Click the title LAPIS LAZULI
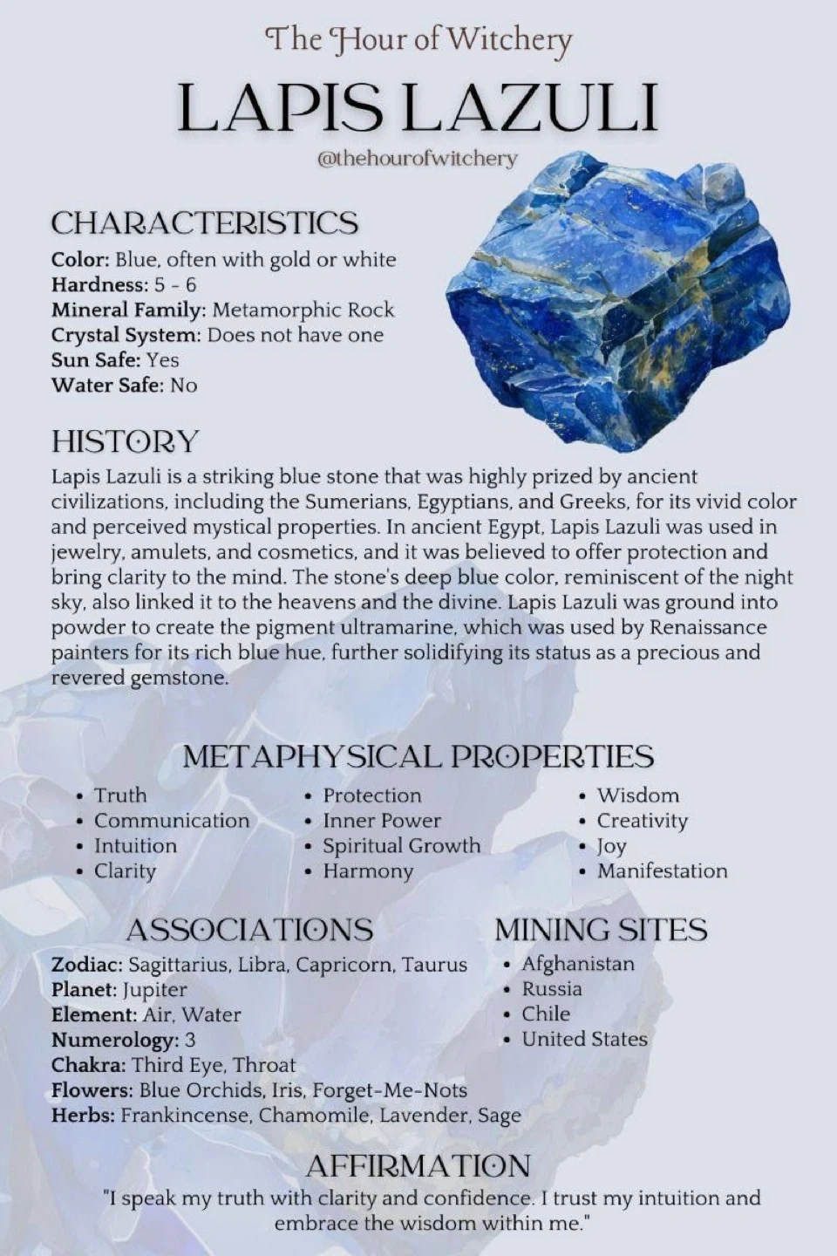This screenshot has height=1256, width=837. pos(417,107)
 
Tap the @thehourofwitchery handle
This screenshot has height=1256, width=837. pos(417,158)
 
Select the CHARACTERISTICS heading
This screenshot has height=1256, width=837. pos(204,223)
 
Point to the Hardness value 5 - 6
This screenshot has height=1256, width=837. pos(175,285)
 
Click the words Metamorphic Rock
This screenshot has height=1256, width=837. pos(303,311)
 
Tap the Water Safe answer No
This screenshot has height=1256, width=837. pos(183,386)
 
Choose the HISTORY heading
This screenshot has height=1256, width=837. pos(125,441)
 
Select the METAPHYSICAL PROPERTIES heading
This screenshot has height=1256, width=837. pos(418,756)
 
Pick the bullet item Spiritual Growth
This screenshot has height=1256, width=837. pos(401,846)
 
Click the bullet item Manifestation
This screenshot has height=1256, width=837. pos(662,871)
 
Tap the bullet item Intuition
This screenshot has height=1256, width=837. pos(135,846)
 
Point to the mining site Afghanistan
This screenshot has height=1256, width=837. pos(578,964)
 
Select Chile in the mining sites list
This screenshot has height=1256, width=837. pos(546,1014)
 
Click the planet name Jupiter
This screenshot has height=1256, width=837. pos(155,990)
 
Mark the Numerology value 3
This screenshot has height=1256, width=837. pos(190,1041)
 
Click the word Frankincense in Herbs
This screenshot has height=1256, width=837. pos(184,1116)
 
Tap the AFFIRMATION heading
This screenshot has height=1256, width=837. pos(418,1166)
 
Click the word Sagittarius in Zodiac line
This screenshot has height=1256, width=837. pos(179,965)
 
